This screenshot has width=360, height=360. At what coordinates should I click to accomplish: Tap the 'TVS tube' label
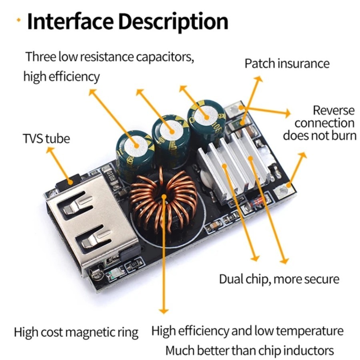(x=46, y=138)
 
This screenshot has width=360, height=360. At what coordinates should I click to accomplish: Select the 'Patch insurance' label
(x=287, y=64)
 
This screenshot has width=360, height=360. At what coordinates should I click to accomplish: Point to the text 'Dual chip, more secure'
(x=279, y=279)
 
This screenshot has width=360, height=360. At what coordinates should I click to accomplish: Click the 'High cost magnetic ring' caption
(x=76, y=332)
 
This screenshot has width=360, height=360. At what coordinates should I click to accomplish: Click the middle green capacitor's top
(x=172, y=130)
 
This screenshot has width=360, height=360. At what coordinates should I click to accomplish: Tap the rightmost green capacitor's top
(x=206, y=116)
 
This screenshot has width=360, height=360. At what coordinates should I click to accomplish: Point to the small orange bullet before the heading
(x=18, y=20)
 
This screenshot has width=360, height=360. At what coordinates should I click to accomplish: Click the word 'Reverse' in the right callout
(x=334, y=110)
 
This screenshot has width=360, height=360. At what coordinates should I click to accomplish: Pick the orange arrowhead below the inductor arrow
(x=164, y=311)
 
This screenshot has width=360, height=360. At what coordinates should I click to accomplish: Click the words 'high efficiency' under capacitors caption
(x=62, y=77)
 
